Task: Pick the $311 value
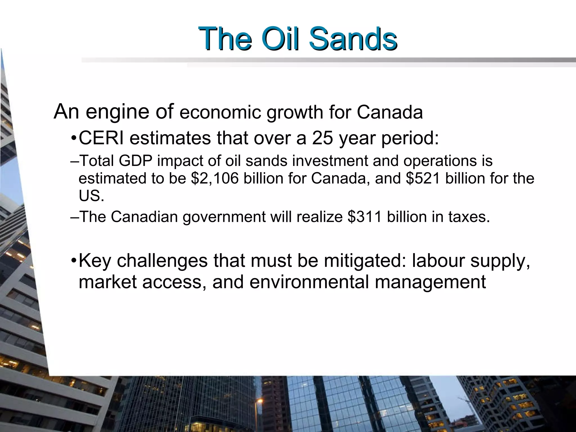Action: click(x=364, y=217)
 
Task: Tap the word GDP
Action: click(x=135, y=161)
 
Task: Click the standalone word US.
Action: click(x=91, y=196)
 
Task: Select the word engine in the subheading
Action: click(x=117, y=112)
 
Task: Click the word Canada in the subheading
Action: click(x=390, y=112)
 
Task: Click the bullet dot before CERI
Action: click(x=74, y=139)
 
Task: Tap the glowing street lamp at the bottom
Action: click(x=260, y=401)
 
